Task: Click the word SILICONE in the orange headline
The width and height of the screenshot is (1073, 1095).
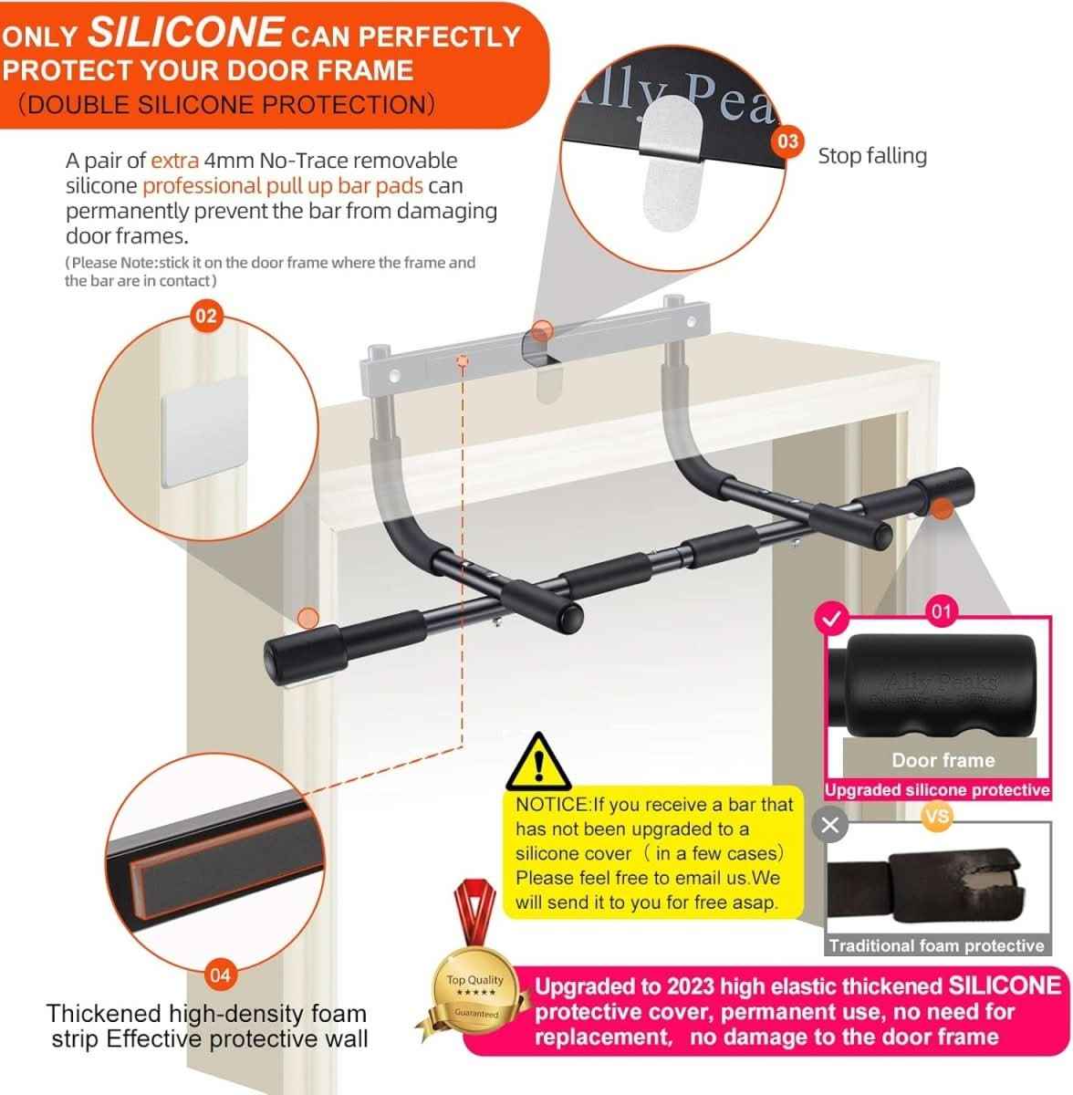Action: coord(184,33)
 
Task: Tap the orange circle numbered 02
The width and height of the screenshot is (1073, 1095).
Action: coord(207,316)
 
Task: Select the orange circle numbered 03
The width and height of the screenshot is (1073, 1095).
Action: coord(787,141)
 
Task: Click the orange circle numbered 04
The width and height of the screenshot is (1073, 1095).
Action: coord(221,975)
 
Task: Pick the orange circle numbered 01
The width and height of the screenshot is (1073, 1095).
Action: coord(941,610)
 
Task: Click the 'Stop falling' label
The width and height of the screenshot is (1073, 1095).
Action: coord(871,156)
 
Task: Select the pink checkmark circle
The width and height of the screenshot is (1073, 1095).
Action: coord(830,620)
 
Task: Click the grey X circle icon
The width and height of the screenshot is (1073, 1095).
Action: coord(829,826)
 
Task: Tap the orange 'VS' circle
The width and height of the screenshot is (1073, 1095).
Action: coord(936,817)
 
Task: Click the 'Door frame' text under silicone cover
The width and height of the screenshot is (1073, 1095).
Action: coord(943,760)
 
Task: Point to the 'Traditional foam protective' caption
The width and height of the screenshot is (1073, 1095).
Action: coord(936,945)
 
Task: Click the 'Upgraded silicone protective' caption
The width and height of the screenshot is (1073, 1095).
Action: coord(937,790)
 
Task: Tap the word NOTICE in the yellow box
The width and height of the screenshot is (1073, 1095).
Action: coord(553,805)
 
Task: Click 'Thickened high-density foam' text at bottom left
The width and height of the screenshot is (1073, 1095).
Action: coord(206,1014)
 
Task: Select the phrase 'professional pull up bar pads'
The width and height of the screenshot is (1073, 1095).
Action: coord(282,186)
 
